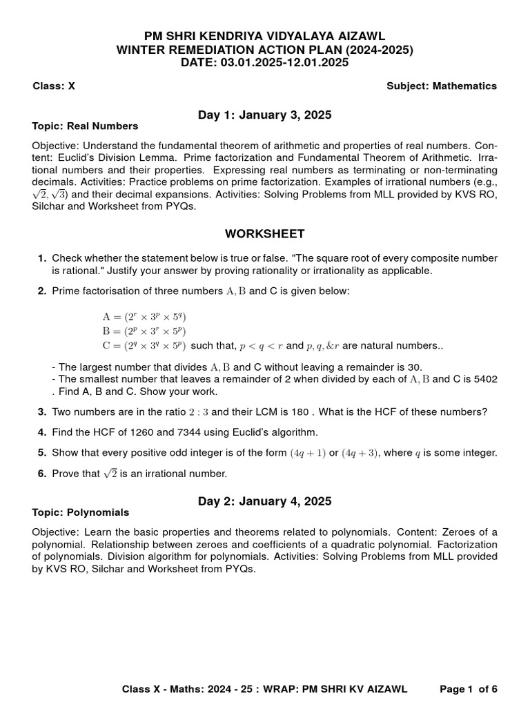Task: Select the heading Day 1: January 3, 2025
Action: pyautogui.click(x=265, y=115)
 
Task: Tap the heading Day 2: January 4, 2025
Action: pyautogui.click(x=265, y=501)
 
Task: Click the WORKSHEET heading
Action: pyautogui.click(x=265, y=234)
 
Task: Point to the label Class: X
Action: pyautogui.click(x=54, y=86)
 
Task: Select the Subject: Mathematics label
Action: pyautogui.click(x=442, y=86)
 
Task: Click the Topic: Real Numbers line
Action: pyautogui.click(x=86, y=126)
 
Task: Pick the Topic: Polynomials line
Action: pyautogui.click(x=81, y=512)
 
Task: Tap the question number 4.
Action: pyautogui.click(x=42, y=432)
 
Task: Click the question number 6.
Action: pyautogui.click(x=42, y=474)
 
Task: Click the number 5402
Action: pyautogui.click(x=483, y=379)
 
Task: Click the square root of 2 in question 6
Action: pyautogui.click(x=110, y=473)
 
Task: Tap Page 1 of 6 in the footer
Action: pyautogui.click(x=469, y=689)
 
